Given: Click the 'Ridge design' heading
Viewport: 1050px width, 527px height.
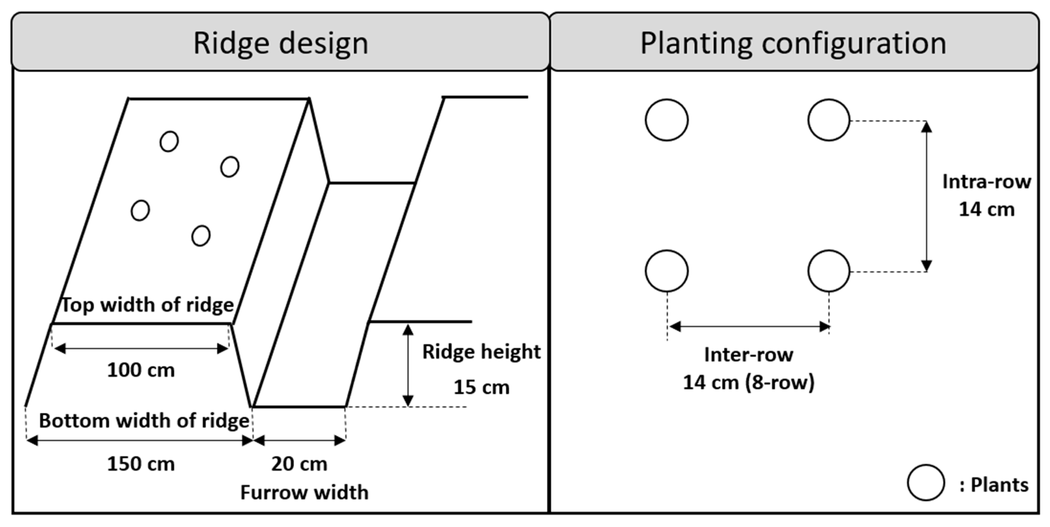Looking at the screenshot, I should [280, 43].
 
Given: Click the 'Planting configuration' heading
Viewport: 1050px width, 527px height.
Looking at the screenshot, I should [793, 43].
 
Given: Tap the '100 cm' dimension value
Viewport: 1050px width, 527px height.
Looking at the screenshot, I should [141, 370].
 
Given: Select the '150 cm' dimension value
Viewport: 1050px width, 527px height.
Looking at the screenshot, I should [141, 464].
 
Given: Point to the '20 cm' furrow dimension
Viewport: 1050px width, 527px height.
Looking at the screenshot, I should [299, 464].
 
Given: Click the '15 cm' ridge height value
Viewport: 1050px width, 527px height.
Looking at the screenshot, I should [482, 387].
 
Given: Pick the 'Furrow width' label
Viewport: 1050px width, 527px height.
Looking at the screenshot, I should [304, 492].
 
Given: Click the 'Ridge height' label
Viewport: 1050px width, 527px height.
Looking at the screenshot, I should [482, 352].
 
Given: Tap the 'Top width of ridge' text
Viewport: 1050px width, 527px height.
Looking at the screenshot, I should [147, 305].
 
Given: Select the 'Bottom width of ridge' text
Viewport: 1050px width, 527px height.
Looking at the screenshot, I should [144, 421].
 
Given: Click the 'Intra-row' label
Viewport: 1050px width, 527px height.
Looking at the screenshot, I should [986, 182].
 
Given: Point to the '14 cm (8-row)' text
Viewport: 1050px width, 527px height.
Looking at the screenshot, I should [748, 382].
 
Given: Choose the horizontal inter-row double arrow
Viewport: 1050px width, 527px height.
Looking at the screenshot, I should [749, 327].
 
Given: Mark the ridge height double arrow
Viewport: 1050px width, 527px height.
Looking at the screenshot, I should [408, 365].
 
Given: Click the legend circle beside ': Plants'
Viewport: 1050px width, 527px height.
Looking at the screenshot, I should [926, 482].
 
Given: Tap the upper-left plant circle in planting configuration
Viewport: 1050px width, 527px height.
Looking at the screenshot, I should [667, 120].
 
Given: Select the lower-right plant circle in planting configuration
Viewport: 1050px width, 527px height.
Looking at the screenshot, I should [829, 271].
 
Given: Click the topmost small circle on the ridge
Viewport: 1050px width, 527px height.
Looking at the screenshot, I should [169, 141].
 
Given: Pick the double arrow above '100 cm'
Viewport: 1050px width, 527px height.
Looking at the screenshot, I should [141, 348].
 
